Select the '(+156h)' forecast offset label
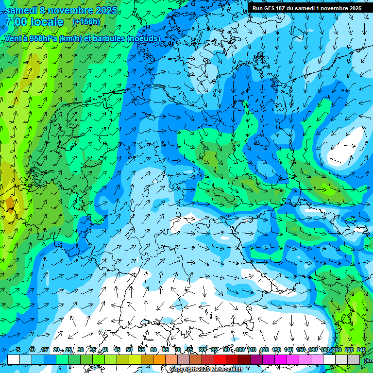[x=86, y=22]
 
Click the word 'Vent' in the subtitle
[x=14, y=38]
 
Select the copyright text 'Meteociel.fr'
[x=226, y=370]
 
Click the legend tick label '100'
[x=239, y=350]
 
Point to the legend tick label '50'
[x=129, y=350]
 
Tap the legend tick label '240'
[x=361, y=350]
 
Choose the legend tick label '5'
[x=18, y=350]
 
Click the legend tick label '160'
[x=312, y=350]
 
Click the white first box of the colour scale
[x=14, y=359]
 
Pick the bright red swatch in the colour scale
[x=220, y=359]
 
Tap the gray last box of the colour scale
[x=354, y=359]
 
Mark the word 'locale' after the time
[x=47, y=22]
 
